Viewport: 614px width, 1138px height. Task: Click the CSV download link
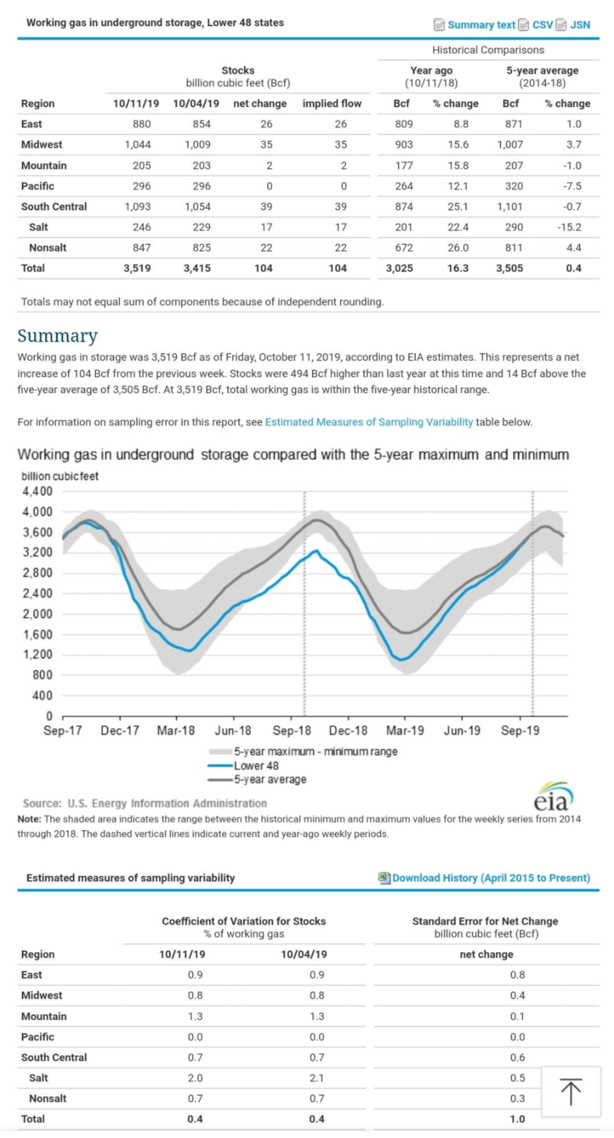pos(542,25)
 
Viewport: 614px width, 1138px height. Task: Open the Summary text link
pos(481,25)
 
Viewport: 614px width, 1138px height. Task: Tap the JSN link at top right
pos(579,25)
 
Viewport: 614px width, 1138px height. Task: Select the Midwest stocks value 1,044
pos(138,144)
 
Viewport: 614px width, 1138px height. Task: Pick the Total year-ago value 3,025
pos(399,268)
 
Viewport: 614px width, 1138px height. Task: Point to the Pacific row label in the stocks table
pos(37,186)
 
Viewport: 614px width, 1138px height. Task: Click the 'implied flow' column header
pos(332,103)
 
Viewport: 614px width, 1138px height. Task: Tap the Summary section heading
pos(58,335)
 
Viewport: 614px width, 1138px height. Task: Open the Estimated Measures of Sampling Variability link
pos(369,422)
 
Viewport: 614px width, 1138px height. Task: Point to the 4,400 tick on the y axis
pos(38,492)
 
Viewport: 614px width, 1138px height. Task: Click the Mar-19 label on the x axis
pos(405,731)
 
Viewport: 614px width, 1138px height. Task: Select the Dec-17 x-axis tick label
pos(120,731)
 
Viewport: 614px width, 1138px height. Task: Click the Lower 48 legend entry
pos(256,765)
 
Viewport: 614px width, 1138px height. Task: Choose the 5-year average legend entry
pos(270,779)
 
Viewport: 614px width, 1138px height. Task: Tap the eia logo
pos(553,796)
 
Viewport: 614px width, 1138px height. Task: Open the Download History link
pos(491,878)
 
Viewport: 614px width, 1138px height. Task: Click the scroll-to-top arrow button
pos(570,1091)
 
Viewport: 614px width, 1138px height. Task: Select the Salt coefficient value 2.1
pos(317,1078)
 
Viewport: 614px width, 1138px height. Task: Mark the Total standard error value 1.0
pos(517,1119)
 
